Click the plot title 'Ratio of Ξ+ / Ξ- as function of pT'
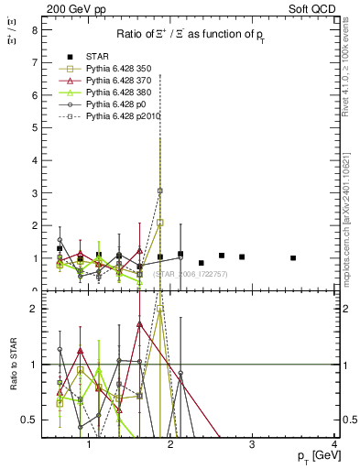tap(189, 35)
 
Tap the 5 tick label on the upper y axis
tap(34, 127)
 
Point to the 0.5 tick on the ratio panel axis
tap(29, 420)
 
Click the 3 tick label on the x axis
tap(253, 446)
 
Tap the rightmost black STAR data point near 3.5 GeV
tap(293, 258)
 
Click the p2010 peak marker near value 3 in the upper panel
tap(160, 191)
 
